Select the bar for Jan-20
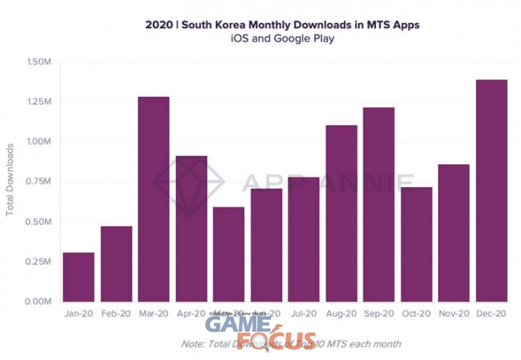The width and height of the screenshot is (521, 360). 78,277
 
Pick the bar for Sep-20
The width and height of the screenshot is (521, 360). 378,204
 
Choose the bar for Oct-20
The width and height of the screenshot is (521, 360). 416,244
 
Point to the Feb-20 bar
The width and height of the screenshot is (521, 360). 116,264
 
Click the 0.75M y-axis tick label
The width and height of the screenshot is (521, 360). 39,182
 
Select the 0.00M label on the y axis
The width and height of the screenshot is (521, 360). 39,302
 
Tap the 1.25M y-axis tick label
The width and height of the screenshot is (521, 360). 39,102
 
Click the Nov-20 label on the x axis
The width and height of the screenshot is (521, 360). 453,314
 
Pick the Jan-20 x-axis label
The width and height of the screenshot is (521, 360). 78,314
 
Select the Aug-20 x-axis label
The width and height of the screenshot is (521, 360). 341,314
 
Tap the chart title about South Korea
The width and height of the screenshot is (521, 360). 282,24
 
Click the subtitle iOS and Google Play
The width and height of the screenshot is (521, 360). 282,39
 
